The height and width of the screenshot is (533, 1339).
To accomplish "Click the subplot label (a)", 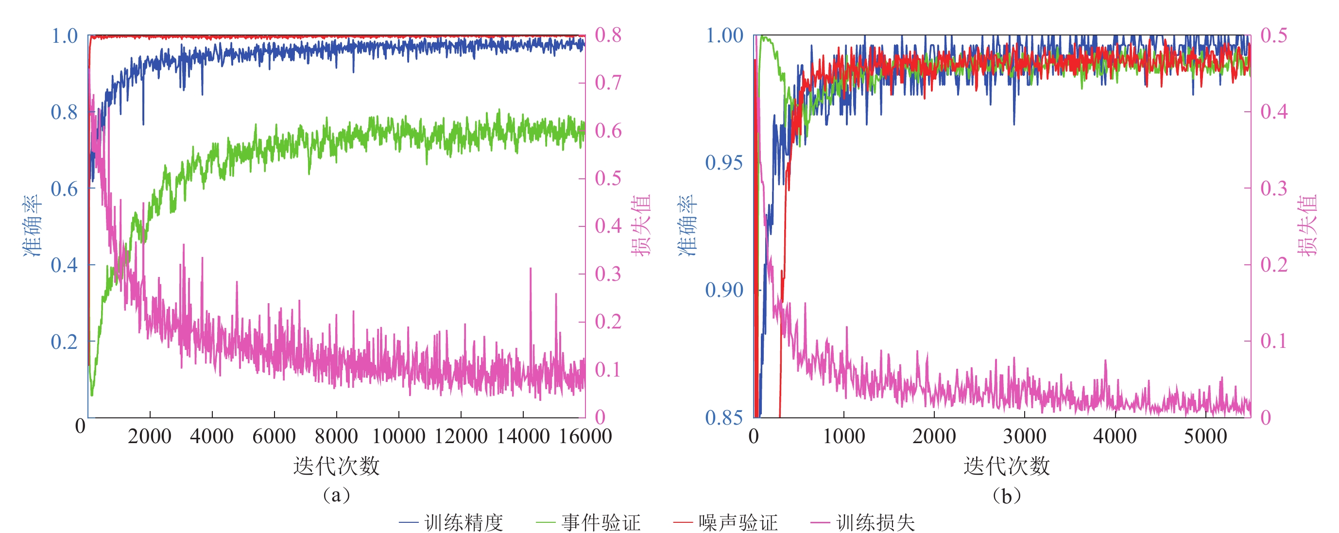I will pyautogui.click(x=336, y=495).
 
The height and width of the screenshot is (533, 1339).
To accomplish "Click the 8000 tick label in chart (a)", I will pyautogui.click(x=336, y=436).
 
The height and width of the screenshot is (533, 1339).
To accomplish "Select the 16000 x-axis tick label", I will pyautogui.click(x=585, y=436).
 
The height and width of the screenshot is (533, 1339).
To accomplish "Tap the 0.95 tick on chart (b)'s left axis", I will pyautogui.click(x=723, y=163).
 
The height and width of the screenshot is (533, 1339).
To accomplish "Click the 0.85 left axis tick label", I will pyautogui.click(x=723, y=417).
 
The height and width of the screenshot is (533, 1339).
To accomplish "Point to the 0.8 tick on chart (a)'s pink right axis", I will pyautogui.click(x=608, y=35).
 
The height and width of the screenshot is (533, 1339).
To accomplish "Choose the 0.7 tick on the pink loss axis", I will pyautogui.click(x=608, y=83).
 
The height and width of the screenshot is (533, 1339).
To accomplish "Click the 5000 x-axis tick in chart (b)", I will pyautogui.click(x=1205, y=436).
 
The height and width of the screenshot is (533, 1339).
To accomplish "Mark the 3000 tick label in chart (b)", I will pyautogui.click(x=1024, y=436).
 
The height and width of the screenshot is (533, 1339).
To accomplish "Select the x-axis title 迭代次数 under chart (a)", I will pyautogui.click(x=336, y=466).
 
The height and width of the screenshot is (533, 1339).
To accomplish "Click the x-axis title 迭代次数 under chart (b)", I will pyautogui.click(x=1006, y=466).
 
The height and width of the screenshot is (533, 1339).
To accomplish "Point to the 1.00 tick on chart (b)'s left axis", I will pyautogui.click(x=723, y=35).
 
